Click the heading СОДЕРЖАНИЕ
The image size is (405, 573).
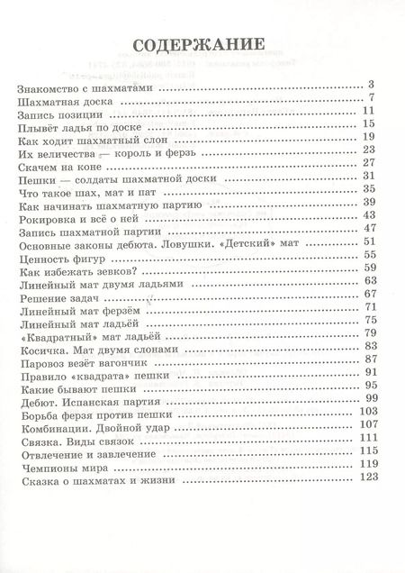tap(199, 46)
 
